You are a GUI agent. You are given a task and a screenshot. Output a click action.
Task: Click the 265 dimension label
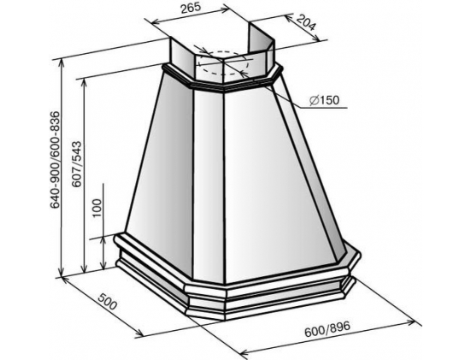(x=191, y=8)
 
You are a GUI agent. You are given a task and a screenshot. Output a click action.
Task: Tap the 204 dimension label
(x=306, y=22)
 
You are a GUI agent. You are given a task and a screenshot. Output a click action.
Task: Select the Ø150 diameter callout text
(x=324, y=100)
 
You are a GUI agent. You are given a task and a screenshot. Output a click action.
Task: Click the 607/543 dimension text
(x=77, y=164)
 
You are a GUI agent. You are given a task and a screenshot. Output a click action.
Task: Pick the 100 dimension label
(x=97, y=208)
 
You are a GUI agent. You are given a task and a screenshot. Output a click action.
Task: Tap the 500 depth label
(x=107, y=301)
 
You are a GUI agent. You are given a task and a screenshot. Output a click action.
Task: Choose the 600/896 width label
(x=327, y=329)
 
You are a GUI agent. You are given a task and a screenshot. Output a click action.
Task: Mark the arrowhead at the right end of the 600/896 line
(x=411, y=322)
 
